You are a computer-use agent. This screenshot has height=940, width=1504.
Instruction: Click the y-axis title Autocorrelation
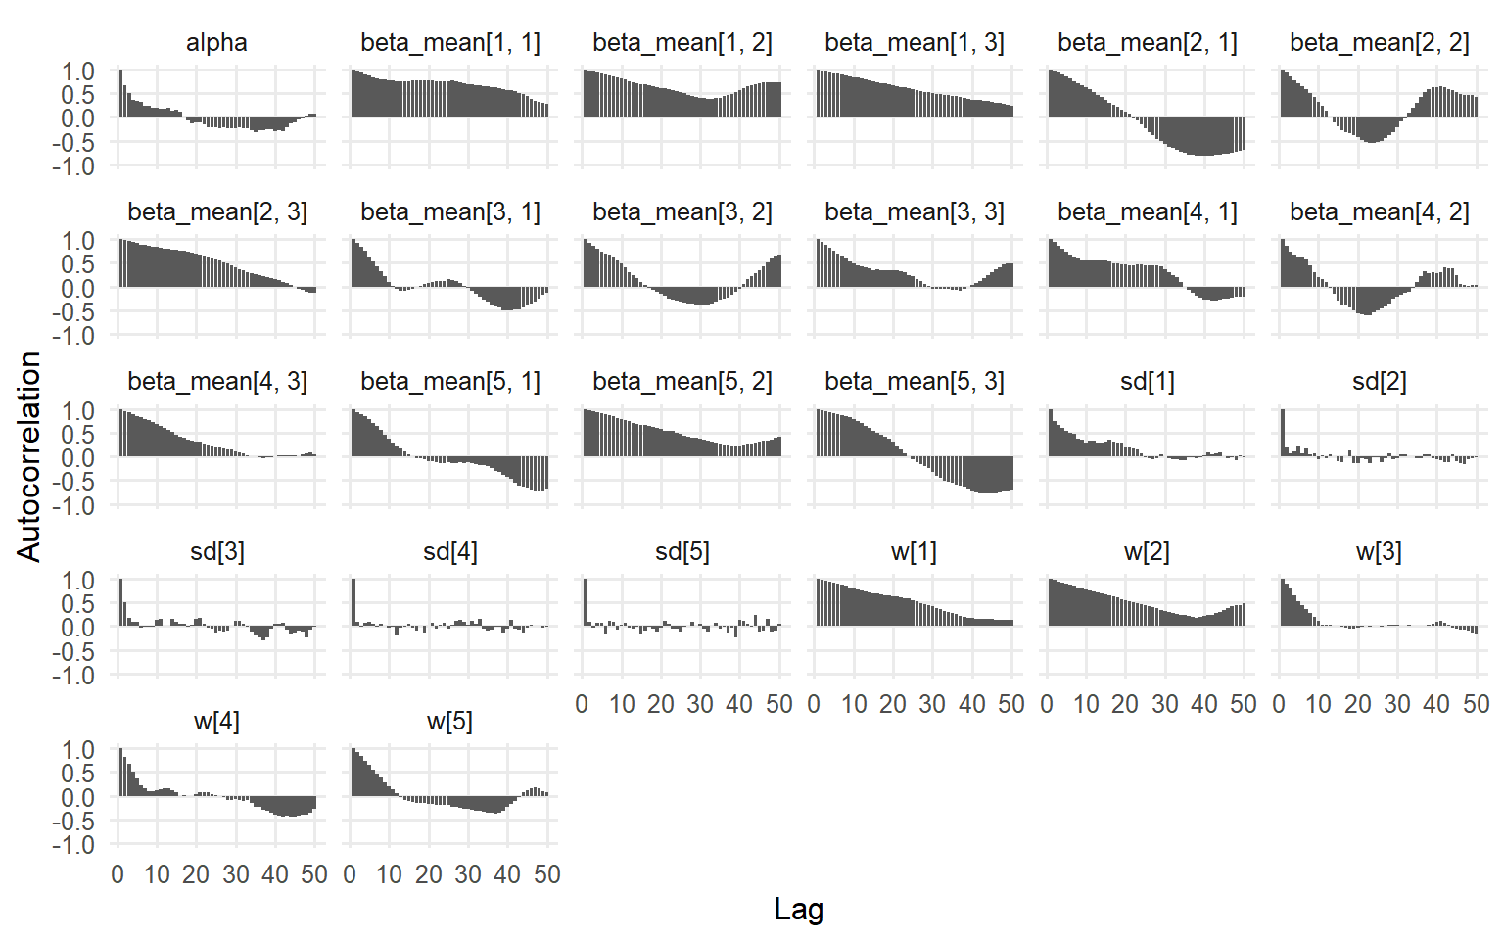coord(28,456)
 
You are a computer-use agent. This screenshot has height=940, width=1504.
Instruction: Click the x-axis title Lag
coord(798,909)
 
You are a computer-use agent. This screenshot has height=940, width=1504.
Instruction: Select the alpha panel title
coord(216,43)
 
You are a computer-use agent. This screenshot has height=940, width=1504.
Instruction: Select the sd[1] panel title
coord(1147,382)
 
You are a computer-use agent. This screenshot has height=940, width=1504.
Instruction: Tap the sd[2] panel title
coord(1379,382)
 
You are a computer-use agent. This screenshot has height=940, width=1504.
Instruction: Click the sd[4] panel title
coord(449,552)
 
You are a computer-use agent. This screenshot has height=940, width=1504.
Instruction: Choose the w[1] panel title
coord(914,552)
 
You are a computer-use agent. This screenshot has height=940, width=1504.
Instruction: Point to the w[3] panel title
coord(1379,552)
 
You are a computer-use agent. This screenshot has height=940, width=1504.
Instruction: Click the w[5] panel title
coord(449,722)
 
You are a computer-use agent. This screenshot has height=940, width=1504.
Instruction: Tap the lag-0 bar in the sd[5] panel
coord(586,603)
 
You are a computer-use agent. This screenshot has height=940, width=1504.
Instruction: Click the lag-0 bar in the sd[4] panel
coord(353,603)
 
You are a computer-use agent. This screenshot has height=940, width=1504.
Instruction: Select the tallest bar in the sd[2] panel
coord(1283,433)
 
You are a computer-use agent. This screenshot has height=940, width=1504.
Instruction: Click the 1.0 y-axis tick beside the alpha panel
coord(78,71)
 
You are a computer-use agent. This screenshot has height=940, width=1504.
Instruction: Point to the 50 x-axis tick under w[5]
coord(547,874)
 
